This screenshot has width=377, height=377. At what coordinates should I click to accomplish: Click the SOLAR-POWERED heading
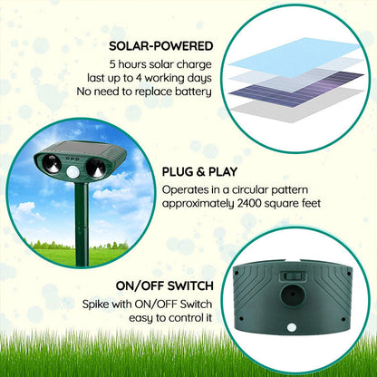point(160,45)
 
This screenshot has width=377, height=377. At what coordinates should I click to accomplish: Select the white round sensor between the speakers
point(73,169)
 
